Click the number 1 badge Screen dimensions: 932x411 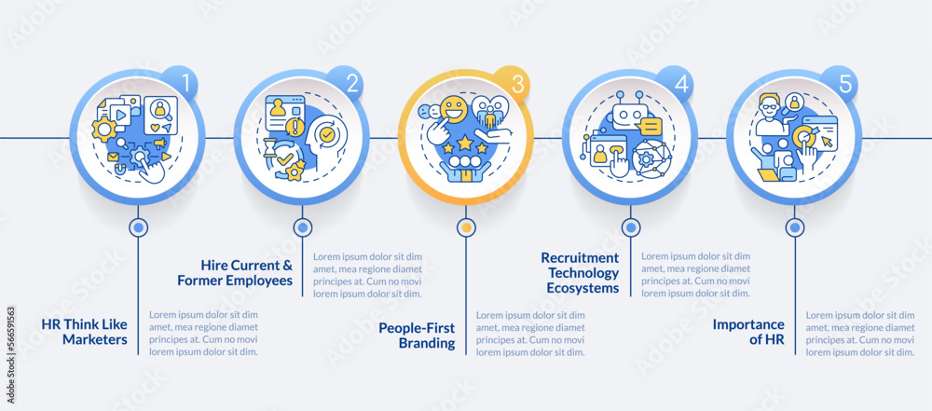tap(181, 84)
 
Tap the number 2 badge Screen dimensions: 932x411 tap(346, 84)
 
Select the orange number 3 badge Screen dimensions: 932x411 tap(511, 84)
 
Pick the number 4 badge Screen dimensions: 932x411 tap(675, 84)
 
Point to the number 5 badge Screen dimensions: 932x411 tap(839, 84)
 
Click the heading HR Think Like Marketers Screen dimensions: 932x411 tap(85, 332)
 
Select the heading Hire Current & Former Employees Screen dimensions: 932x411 tap(235, 272)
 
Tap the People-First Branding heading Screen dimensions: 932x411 tap(417, 336)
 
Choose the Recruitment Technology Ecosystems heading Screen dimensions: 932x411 tap(580, 273)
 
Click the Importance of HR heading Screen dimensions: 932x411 tap(748, 332)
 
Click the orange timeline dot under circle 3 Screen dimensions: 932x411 tap(467, 227)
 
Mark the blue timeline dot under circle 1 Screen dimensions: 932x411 tap(139, 227)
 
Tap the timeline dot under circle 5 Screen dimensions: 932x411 tap(795, 227)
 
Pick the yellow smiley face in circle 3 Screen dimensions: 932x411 tap(454, 111)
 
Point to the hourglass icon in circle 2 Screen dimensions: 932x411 tap(271, 147)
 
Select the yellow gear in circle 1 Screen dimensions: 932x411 tap(104, 129)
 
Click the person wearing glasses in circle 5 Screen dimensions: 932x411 tap(771, 115)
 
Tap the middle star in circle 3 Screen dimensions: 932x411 tap(464, 143)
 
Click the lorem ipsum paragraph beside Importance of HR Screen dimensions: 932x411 tap(860, 334)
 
